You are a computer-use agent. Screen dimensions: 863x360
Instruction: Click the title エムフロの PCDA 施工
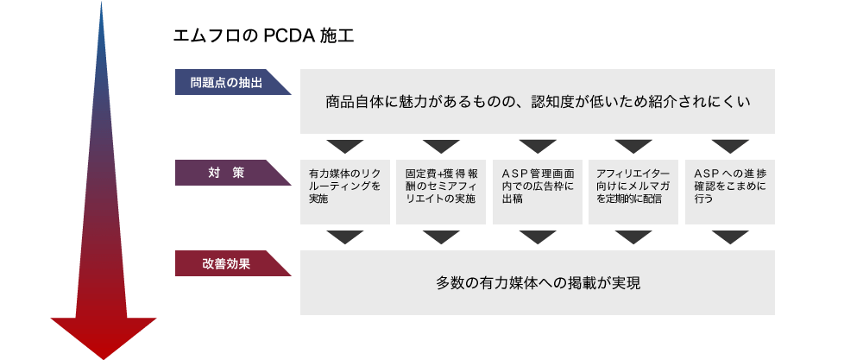click(263, 36)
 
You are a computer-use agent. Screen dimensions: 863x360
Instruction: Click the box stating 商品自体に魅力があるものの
click(537, 101)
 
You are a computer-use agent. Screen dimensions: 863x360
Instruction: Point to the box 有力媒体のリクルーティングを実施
click(344, 193)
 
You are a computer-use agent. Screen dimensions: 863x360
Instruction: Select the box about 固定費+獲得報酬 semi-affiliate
click(441, 193)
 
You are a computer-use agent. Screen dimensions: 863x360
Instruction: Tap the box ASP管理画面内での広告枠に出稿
click(537, 193)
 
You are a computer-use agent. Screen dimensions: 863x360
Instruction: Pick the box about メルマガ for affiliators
click(633, 193)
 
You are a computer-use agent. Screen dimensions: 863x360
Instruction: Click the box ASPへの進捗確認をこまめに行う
click(730, 193)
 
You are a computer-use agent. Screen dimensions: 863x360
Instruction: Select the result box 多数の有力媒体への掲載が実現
click(537, 283)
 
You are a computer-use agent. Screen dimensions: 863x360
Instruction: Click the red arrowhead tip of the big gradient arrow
click(104, 359)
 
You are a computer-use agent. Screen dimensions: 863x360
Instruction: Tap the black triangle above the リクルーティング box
click(345, 145)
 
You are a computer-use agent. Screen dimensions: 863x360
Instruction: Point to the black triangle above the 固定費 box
click(441, 145)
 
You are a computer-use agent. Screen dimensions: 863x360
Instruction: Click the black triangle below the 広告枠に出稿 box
click(538, 237)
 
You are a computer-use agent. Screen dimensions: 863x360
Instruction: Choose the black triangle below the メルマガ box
click(633, 237)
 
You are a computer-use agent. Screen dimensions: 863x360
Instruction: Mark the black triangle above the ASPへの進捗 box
click(730, 145)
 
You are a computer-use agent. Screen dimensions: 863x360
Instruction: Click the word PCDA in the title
click(288, 36)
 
